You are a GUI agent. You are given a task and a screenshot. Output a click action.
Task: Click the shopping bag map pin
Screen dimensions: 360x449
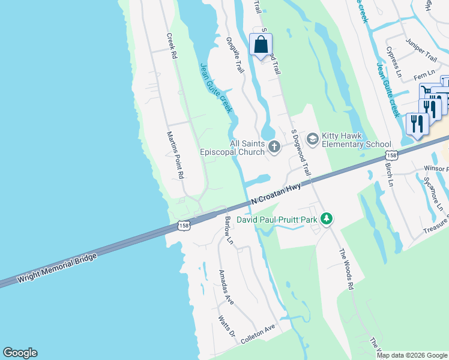click(x=261, y=44)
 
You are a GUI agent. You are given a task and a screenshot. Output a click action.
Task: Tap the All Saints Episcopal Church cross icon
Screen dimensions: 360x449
click(x=274, y=146)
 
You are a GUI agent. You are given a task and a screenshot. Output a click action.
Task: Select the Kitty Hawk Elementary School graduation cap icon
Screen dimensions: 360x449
click(x=312, y=139)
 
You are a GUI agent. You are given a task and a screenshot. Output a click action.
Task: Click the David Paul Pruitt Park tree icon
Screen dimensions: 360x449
click(x=326, y=220)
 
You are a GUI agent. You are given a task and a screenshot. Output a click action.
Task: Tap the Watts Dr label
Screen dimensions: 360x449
click(x=225, y=327)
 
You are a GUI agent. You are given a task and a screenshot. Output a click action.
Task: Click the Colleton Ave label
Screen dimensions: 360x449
click(x=258, y=334)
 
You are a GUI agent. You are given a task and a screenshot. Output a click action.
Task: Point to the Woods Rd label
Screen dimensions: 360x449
click(x=346, y=270)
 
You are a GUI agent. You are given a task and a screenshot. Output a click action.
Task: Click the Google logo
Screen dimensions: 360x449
click(x=20, y=353)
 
